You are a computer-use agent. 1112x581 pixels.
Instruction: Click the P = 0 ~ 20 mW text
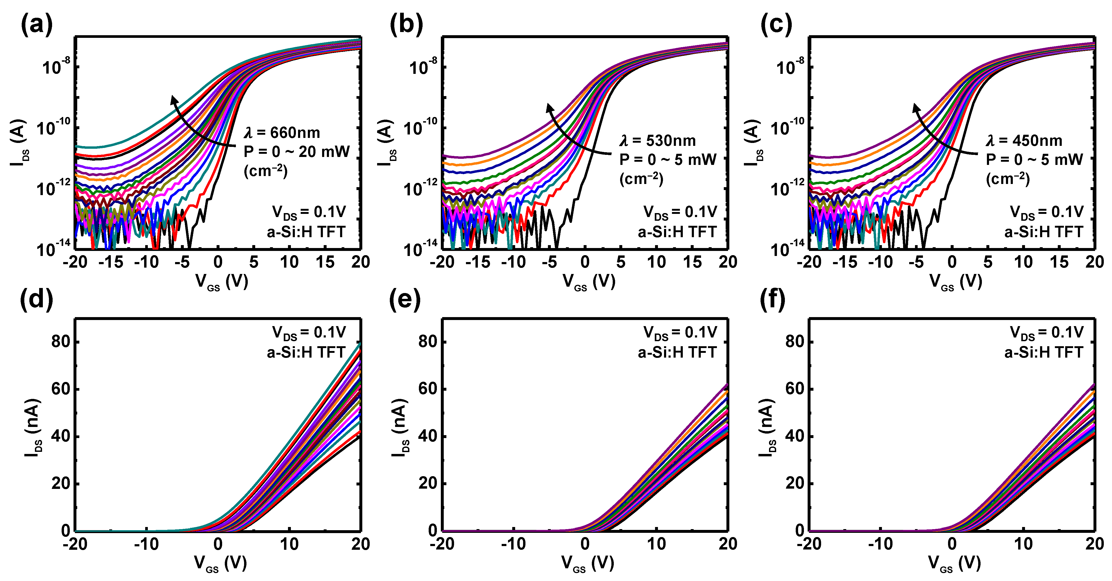click(x=296, y=152)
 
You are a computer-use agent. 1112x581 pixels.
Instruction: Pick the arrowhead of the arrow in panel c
click(x=916, y=108)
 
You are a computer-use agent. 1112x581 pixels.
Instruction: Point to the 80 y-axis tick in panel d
click(x=61, y=342)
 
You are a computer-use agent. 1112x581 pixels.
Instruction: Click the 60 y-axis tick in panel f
click(x=794, y=389)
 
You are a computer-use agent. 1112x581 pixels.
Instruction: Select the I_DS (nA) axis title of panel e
click(x=400, y=428)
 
